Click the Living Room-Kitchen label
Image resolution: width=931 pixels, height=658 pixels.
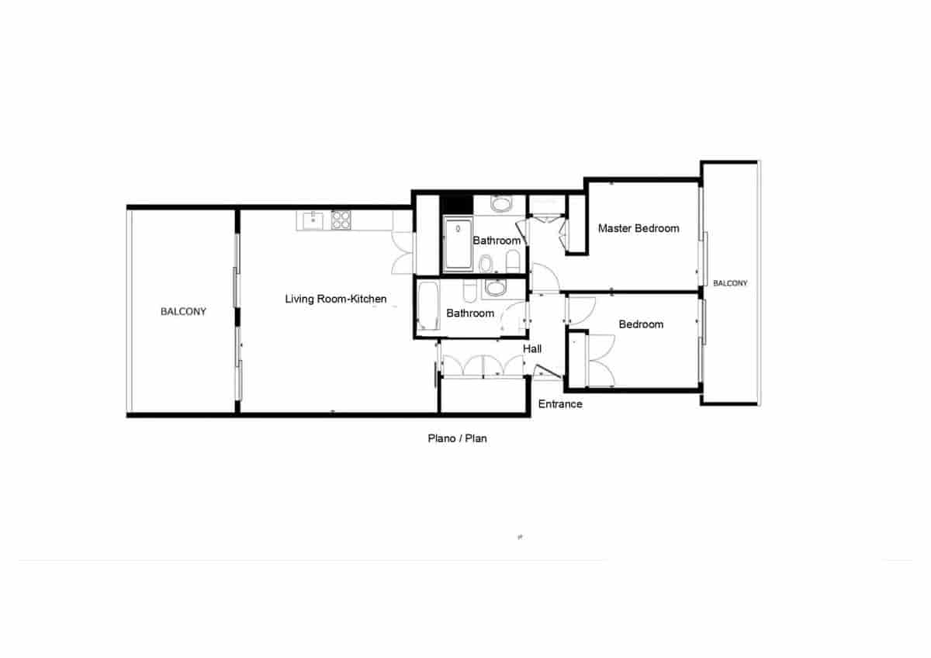point(335,299)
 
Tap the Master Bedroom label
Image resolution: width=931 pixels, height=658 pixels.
point(639,228)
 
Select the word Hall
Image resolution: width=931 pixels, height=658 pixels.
point(532,349)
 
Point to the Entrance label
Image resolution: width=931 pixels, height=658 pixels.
point(560,404)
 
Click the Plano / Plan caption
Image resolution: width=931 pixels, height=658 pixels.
point(458,438)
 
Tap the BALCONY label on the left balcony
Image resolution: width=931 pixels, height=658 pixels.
point(183,312)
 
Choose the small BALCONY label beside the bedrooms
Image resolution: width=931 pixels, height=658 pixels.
point(730,283)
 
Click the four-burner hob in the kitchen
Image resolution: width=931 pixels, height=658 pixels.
point(341,220)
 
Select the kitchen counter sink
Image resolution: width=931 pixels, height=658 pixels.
point(313,220)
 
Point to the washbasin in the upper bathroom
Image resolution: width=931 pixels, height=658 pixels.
point(501,205)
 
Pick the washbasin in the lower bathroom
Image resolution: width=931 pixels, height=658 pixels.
point(494,289)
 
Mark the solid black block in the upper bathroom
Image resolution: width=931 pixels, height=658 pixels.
point(456,204)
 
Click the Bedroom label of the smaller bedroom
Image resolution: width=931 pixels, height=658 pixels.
point(641,324)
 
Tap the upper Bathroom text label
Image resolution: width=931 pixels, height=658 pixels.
point(497,241)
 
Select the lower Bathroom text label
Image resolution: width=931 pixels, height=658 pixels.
point(470,313)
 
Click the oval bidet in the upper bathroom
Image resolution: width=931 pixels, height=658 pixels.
point(485,266)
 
